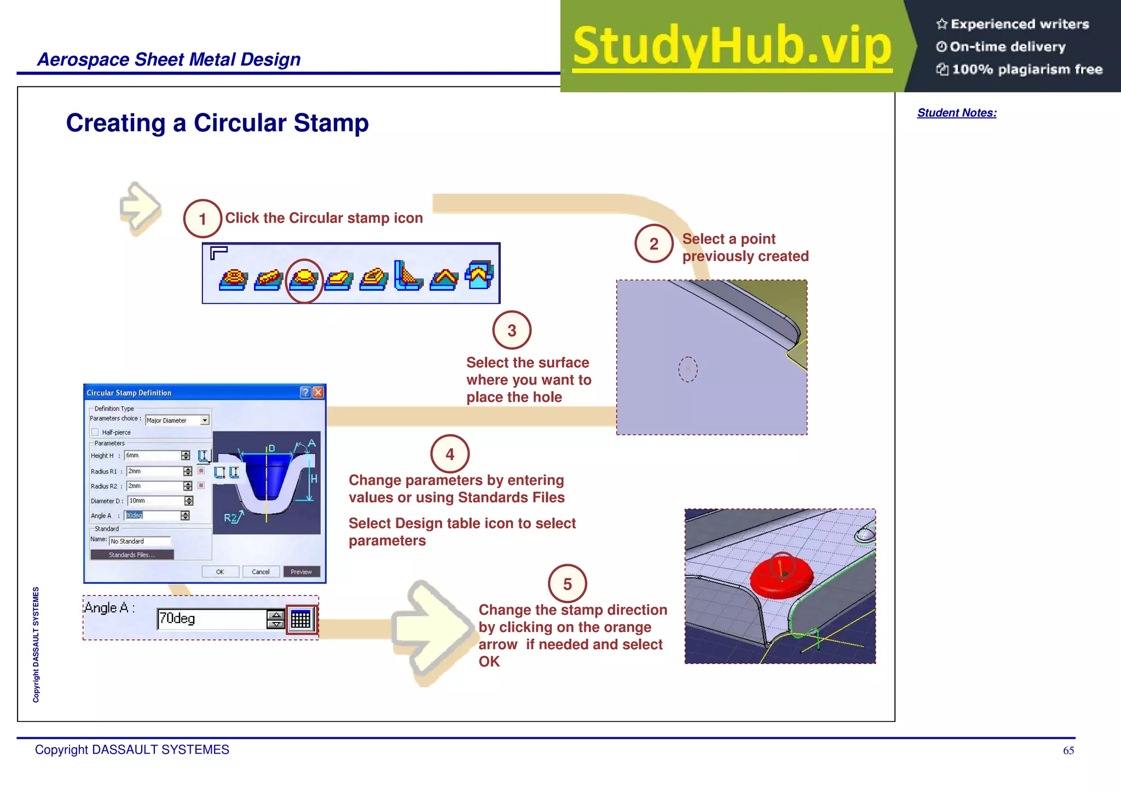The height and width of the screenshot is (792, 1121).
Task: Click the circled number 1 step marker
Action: [x=203, y=219]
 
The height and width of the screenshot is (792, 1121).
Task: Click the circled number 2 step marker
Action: [x=654, y=244]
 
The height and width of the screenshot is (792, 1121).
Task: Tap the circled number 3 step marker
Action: [x=512, y=331]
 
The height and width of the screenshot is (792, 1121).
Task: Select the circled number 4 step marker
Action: [x=450, y=454]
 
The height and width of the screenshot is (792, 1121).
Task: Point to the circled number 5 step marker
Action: [x=568, y=584]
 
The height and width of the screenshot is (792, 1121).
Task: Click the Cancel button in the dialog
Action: [x=261, y=572]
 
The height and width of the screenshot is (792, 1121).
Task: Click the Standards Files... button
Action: [x=132, y=555]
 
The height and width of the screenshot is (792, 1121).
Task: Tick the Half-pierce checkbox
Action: [x=95, y=432]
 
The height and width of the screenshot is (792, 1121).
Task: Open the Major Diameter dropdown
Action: [x=205, y=420]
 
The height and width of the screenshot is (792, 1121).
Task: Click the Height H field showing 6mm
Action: [x=153, y=455]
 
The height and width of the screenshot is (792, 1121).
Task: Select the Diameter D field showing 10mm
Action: [x=155, y=501]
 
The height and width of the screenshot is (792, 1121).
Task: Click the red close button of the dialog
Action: [x=318, y=392]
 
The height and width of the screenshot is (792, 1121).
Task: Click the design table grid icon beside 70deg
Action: [x=301, y=619]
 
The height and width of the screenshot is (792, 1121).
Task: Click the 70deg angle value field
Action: [x=211, y=619]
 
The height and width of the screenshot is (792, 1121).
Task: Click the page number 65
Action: [x=1068, y=751]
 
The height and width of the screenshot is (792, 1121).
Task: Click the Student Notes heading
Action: [x=957, y=113]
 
